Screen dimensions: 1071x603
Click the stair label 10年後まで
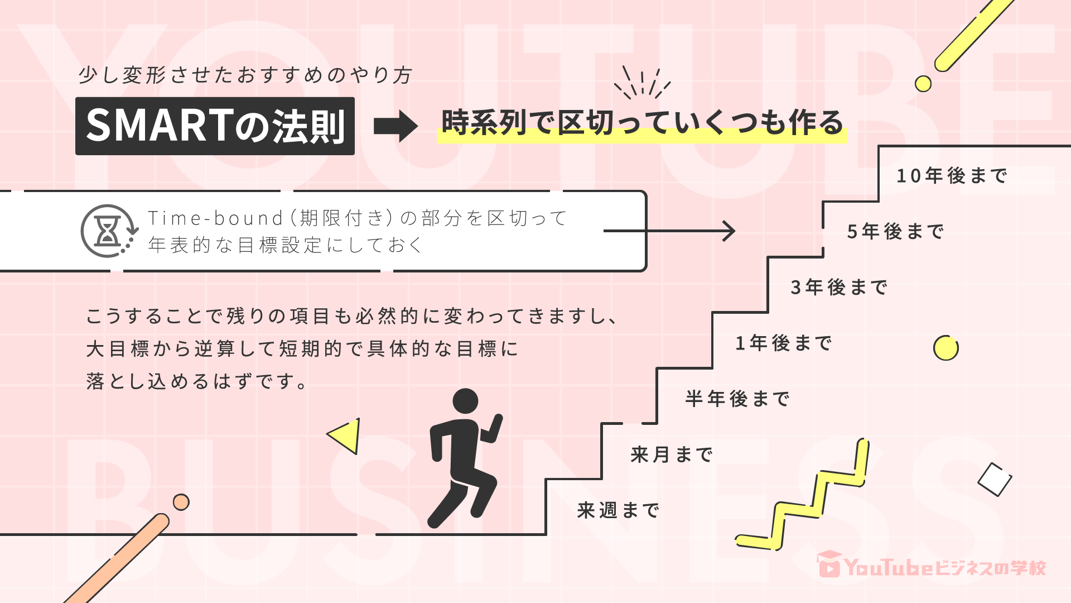[952, 176]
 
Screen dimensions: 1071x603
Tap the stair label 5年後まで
[895, 232]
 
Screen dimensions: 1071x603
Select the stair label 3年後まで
[839, 288]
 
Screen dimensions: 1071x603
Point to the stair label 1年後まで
[784, 343]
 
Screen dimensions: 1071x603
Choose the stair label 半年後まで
[737, 399]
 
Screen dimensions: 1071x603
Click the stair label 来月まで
[672, 455]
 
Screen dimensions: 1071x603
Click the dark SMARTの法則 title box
[215, 126]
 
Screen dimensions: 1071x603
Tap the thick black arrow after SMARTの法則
[395, 126]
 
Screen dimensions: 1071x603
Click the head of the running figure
[465, 401]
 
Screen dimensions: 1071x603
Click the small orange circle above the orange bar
[181, 502]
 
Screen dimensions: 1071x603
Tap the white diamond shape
[995, 480]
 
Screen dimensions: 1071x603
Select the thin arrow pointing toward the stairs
[669, 231]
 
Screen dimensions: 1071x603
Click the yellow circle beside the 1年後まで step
[945, 348]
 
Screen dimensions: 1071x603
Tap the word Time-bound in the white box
[215, 218]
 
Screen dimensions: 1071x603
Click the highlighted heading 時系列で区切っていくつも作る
[641, 123]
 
